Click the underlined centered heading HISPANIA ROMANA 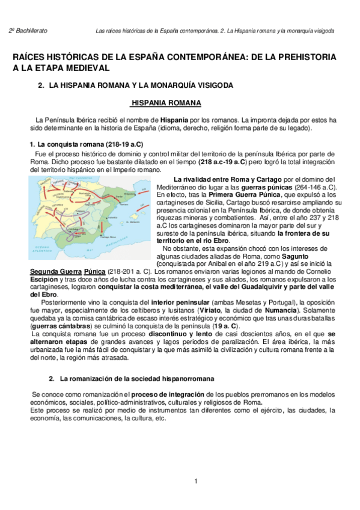click(166, 103)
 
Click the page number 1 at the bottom click(195, 482)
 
